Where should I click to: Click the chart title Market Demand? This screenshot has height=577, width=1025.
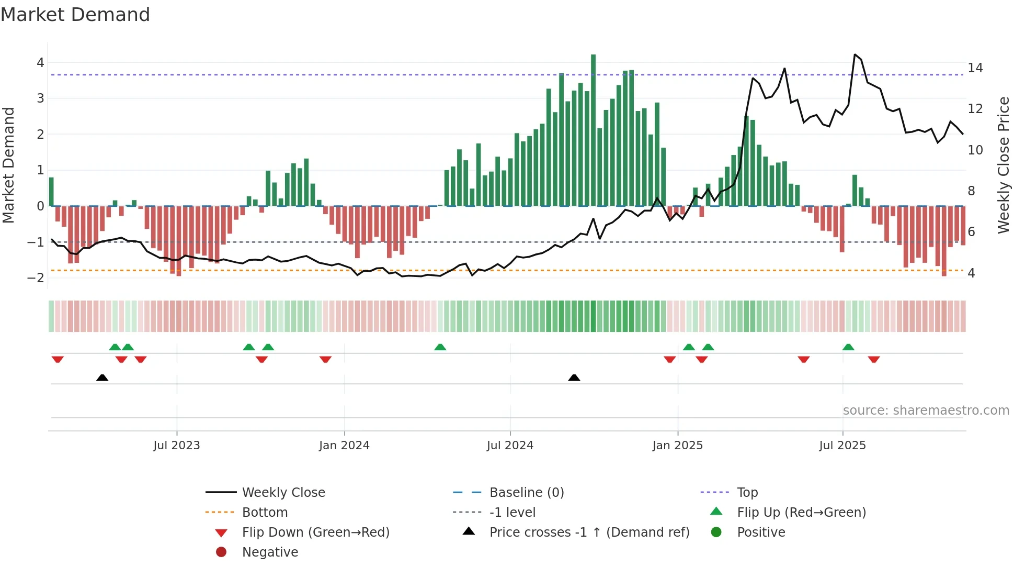point(75,15)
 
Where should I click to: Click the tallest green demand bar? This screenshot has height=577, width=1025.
point(593,131)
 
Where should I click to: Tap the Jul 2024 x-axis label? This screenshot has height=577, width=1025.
point(510,446)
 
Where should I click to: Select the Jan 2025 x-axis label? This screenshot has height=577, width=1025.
point(677,446)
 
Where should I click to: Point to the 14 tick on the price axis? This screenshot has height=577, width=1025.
point(975,68)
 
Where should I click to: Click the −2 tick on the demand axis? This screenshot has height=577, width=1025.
point(36,278)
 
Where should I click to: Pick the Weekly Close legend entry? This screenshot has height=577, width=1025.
point(283,493)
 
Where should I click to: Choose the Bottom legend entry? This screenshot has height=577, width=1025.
point(265,513)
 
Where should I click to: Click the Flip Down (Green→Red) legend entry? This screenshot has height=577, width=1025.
point(315,532)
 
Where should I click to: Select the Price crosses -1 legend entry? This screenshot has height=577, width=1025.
point(589,532)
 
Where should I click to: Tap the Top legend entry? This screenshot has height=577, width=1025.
point(747,493)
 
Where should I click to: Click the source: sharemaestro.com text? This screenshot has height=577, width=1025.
point(926,410)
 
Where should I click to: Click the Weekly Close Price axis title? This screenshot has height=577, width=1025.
point(1003,165)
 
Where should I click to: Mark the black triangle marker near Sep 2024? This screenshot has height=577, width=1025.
point(574,378)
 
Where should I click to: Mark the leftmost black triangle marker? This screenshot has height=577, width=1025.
point(102,378)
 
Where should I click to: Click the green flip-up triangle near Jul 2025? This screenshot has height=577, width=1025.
point(848,347)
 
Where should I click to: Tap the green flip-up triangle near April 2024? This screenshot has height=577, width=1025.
point(440,347)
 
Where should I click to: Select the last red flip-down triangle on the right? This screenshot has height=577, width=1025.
point(874,359)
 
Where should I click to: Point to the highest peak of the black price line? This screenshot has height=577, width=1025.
point(855,54)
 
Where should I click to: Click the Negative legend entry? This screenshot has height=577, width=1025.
point(270,552)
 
